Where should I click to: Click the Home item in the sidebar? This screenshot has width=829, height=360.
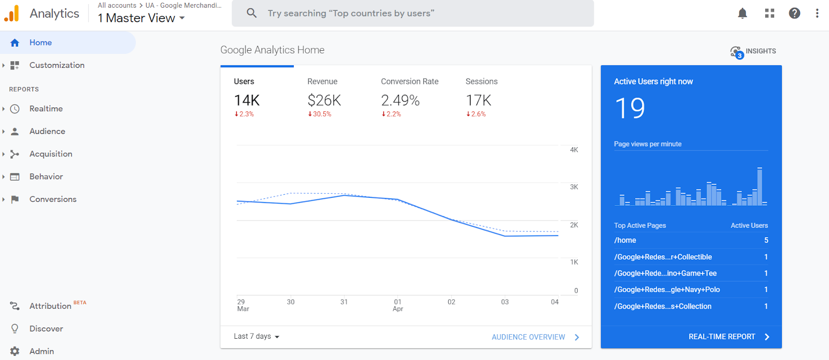coord(40,42)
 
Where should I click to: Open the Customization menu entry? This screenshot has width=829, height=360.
coord(56,65)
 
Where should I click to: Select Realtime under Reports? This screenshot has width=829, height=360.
coord(46,109)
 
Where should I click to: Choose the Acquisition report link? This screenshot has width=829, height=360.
coord(51,154)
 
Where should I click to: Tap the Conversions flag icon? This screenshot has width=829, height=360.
coord(15,199)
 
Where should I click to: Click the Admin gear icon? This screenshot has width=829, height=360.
coord(15,351)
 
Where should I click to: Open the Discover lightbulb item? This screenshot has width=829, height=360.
coord(15,328)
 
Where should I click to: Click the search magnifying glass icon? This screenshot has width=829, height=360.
coord(252,13)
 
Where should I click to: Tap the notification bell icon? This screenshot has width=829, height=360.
coord(742,13)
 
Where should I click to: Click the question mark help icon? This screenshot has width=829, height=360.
coord(794,13)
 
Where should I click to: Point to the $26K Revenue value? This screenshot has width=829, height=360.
coord(324,100)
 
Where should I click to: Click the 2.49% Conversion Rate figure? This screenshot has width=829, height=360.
coord(400,100)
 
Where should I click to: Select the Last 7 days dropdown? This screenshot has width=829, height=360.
coord(256,337)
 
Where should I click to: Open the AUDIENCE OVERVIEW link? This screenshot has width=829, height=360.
coord(528,337)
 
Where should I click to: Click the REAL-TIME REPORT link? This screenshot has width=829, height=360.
coord(722,337)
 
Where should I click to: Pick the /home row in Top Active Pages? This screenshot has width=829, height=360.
coord(625,240)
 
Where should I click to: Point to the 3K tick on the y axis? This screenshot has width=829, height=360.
coord(574,187)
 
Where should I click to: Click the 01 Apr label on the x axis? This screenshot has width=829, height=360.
coord(398,305)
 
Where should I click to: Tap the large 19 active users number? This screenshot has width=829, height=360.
coord(630,108)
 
